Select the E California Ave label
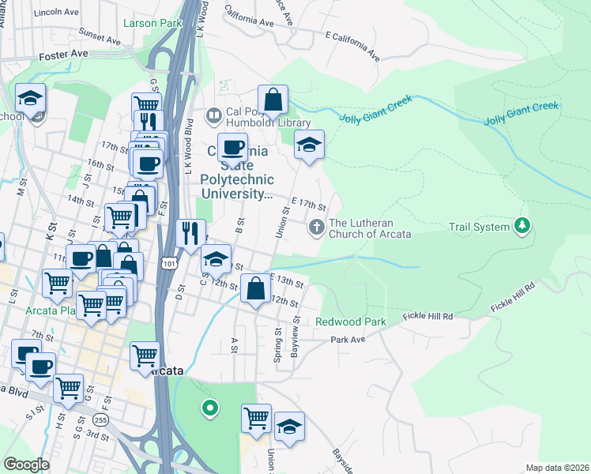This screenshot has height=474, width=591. pyautogui.click(x=353, y=47)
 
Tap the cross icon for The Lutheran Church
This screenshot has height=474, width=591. pyautogui.click(x=316, y=228)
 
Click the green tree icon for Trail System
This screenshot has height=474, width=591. pyautogui.click(x=521, y=227)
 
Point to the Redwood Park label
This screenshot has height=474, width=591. pyautogui.click(x=350, y=322)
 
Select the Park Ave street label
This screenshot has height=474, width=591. pyautogui.click(x=348, y=340)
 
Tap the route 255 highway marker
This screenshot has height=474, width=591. pyautogui.click(x=100, y=419)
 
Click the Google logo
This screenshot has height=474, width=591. pyautogui.click(x=26, y=465)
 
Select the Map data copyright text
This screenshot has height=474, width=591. pyautogui.click(x=555, y=468)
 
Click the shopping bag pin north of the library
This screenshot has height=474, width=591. pyautogui.click(x=273, y=100)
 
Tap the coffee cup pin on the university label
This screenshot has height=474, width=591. pyautogui.click(x=232, y=147)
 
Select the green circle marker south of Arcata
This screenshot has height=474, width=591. pyautogui.click(x=209, y=408)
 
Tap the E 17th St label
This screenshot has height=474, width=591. pyautogui.click(x=309, y=204)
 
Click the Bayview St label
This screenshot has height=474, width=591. pyautogui.click(x=295, y=336)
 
